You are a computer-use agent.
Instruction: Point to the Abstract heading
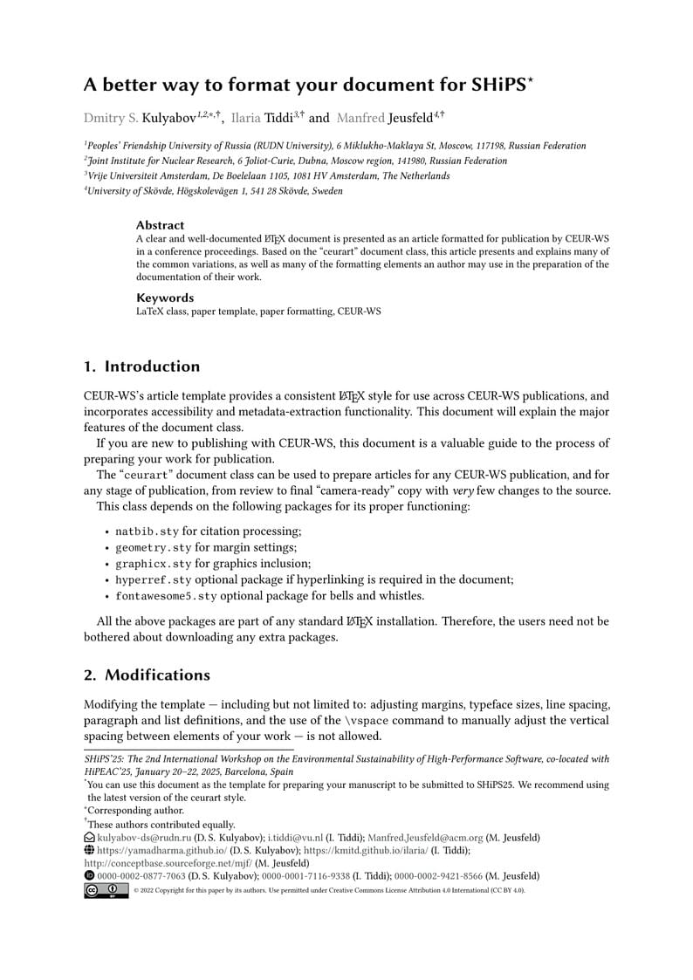pyautogui.click(x=161, y=225)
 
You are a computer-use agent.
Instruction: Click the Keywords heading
pyautogui.click(x=165, y=298)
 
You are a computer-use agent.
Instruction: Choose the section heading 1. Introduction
pyautogui.click(x=141, y=367)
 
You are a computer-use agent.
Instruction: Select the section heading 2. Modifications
pyautogui.click(x=147, y=675)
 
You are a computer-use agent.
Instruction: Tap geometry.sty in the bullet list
pyautogui.click(x=154, y=547)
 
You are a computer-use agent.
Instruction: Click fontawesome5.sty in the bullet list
pyautogui.click(x=166, y=596)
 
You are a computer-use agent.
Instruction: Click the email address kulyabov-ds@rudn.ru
pyautogui.click(x=136, y=837)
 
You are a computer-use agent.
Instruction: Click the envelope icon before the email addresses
pyautogui.click(x=89, y=837)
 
